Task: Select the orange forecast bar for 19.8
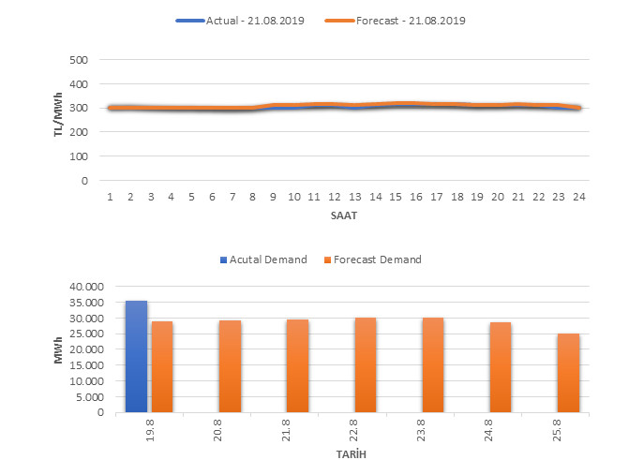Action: coord(162,367)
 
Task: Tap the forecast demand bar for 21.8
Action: coord(297,366)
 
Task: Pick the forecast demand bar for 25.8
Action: coord(568,373)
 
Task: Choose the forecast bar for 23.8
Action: coord(433,365)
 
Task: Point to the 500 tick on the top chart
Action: coord(79,59)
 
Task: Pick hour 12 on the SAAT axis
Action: coord(335,197)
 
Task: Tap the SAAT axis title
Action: coord(343,215)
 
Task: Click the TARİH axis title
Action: coord(352,453)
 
